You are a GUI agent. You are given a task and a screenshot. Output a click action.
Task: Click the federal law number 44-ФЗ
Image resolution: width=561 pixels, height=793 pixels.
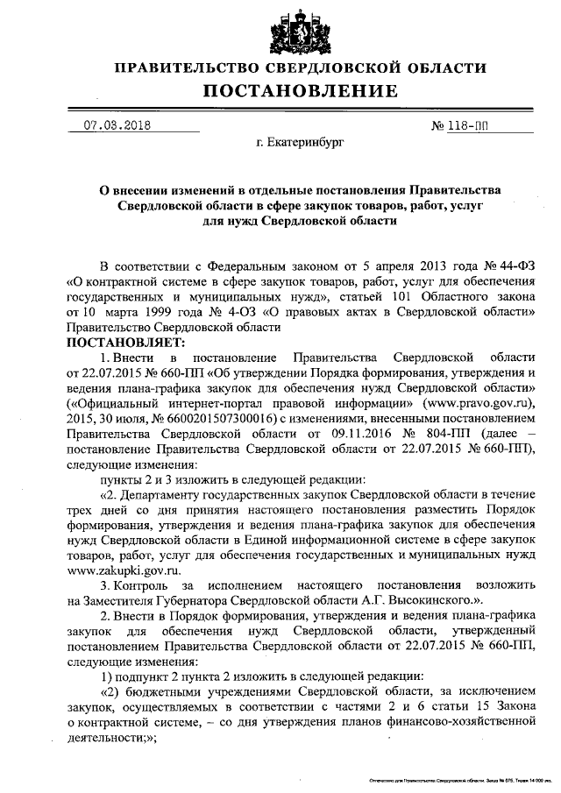[511, 266]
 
